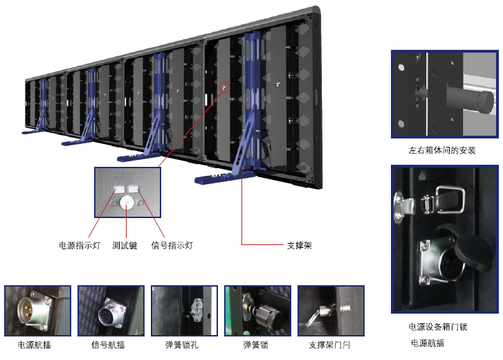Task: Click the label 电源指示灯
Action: tap(80, 245)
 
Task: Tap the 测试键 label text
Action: tap(126, 245)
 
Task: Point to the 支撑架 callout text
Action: tap(299, 245)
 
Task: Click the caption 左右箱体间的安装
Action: tap(442, 150)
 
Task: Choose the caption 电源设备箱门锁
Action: tap(438, 327)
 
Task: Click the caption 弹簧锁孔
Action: tap(183, 344)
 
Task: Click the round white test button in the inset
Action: tap(127, 203)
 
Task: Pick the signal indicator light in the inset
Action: tap(134, 188)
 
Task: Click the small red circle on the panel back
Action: tap(224, 87)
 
